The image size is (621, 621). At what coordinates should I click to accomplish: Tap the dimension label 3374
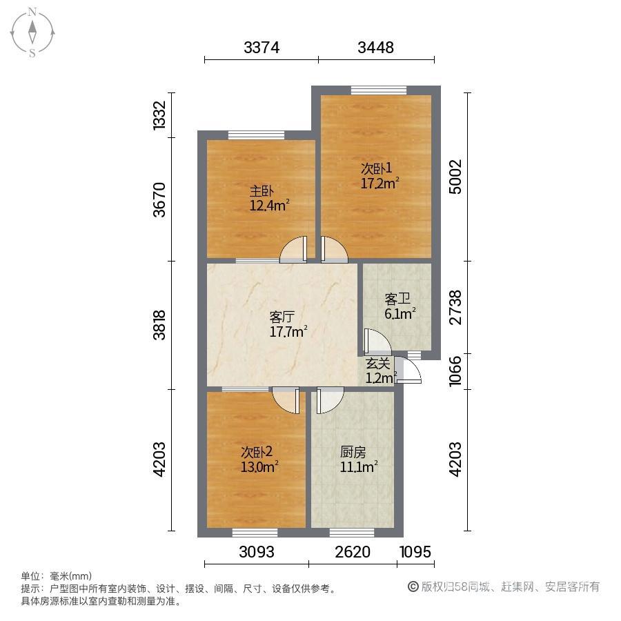pos(262,48)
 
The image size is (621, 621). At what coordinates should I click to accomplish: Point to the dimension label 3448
pos(375,48)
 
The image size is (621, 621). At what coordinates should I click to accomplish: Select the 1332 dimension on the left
pos(159,115)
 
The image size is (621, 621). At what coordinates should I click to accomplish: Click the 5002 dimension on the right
pos(455,177)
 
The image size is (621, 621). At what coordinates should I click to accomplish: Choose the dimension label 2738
pos(455,307)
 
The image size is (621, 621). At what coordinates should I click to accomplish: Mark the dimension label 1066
pos(455,371)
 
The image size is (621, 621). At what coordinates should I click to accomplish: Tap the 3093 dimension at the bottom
pos(257,552)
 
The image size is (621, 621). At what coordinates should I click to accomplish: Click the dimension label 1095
pos(415,552)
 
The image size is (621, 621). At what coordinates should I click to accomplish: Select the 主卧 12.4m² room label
pos(269,199)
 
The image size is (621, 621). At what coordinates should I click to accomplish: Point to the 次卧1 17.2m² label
pos(379,175)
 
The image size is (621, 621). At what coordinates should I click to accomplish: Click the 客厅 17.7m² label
pos(288,324)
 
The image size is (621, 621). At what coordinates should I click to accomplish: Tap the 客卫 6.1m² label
pos(400,306)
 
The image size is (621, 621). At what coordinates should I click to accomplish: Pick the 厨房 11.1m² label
pos(358,460)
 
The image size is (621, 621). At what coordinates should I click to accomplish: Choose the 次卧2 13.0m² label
pos(259,460)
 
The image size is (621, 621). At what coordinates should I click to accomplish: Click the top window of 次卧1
pos(379,90)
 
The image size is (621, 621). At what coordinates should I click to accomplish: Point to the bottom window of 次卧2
pos(255,533)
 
